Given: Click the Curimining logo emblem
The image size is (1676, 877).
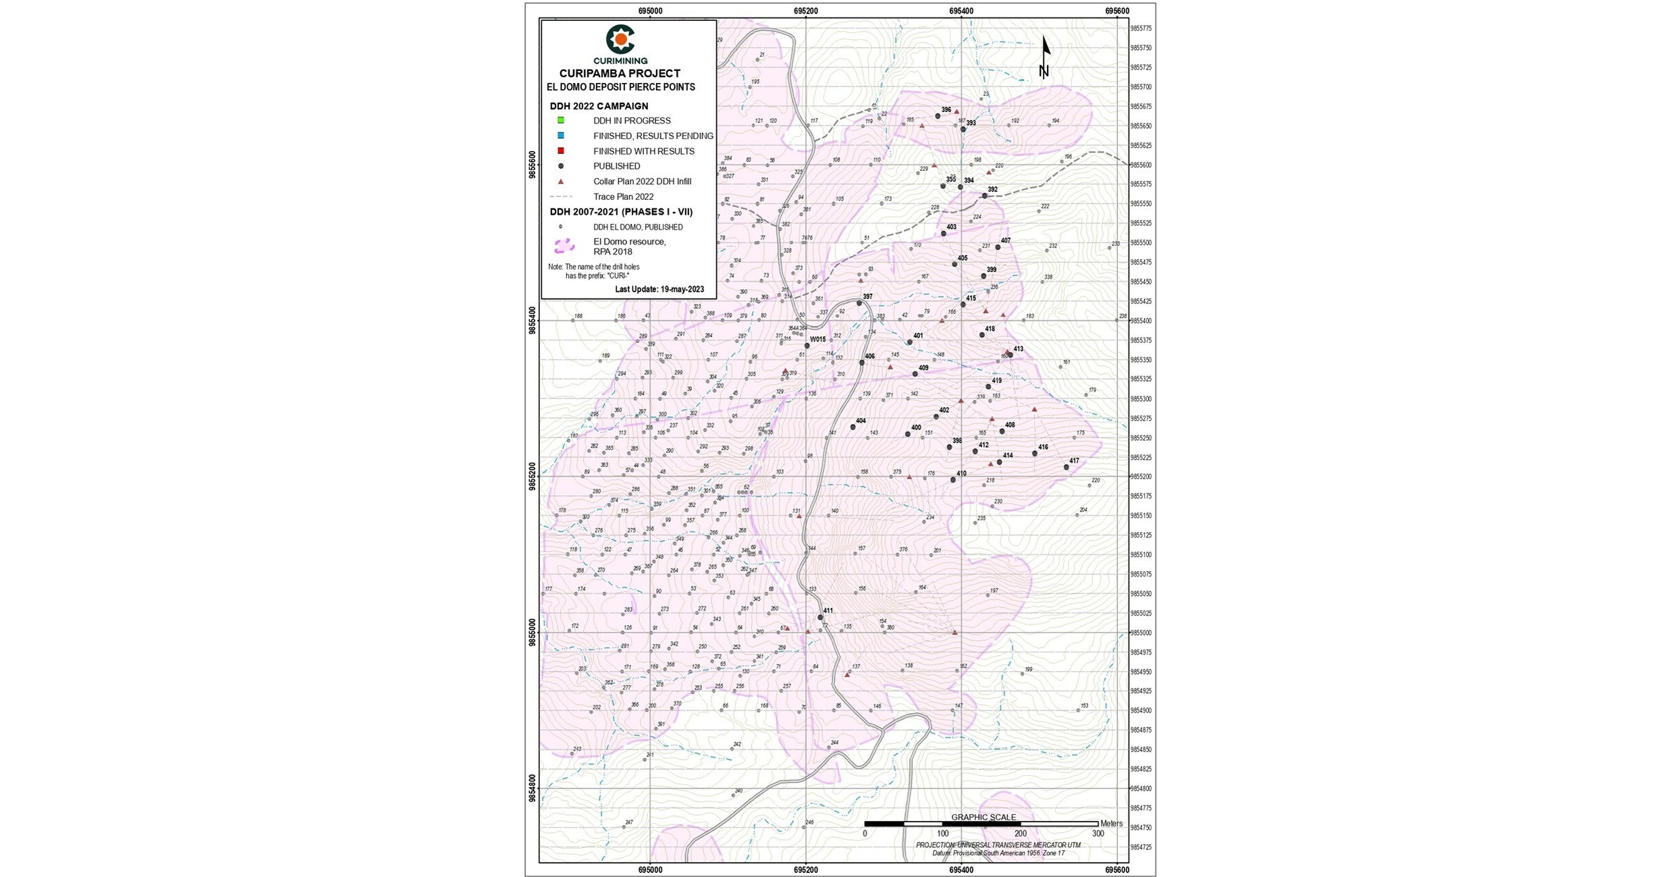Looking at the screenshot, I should click(x=620, y=40).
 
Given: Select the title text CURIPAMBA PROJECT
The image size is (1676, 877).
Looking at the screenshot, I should click(x=620, y=74).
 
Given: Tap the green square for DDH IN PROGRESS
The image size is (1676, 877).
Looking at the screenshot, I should click(x=560, y=120).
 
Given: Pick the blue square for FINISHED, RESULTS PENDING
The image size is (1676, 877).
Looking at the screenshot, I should click(x=560, y=136).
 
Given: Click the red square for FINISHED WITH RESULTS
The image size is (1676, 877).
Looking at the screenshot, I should click(x=560, y=151).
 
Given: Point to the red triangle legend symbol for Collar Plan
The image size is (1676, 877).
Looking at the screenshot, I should click(x=560, y=182).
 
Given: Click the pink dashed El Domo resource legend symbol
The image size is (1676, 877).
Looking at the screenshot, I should click(x=564, y=246).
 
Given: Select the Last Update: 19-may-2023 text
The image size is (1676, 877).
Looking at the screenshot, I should click(x=659, y=290).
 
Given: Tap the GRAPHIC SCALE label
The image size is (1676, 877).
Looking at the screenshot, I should click(x=983, y=818).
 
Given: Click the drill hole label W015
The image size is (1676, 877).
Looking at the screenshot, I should click(x=817, y=340).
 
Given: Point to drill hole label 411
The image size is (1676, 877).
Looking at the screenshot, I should click(x=828, y=611).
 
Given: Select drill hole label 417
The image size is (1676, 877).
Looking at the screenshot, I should click(x=1074, y=461).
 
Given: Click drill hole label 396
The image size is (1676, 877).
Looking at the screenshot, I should click(x=946, y=110).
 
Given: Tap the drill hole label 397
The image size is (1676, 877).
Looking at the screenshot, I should click(x=867, y=296).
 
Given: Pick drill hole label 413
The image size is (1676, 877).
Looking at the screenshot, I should click(x=1018, y=349).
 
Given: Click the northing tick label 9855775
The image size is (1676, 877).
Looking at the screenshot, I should click(x=1141, y=28).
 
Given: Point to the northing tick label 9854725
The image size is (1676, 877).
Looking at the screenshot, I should click(x=1141, y=847).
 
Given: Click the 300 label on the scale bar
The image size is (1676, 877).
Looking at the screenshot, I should click(x=1098, y=834).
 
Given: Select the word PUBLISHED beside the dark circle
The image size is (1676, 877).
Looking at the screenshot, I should click(x=616, y=166).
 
